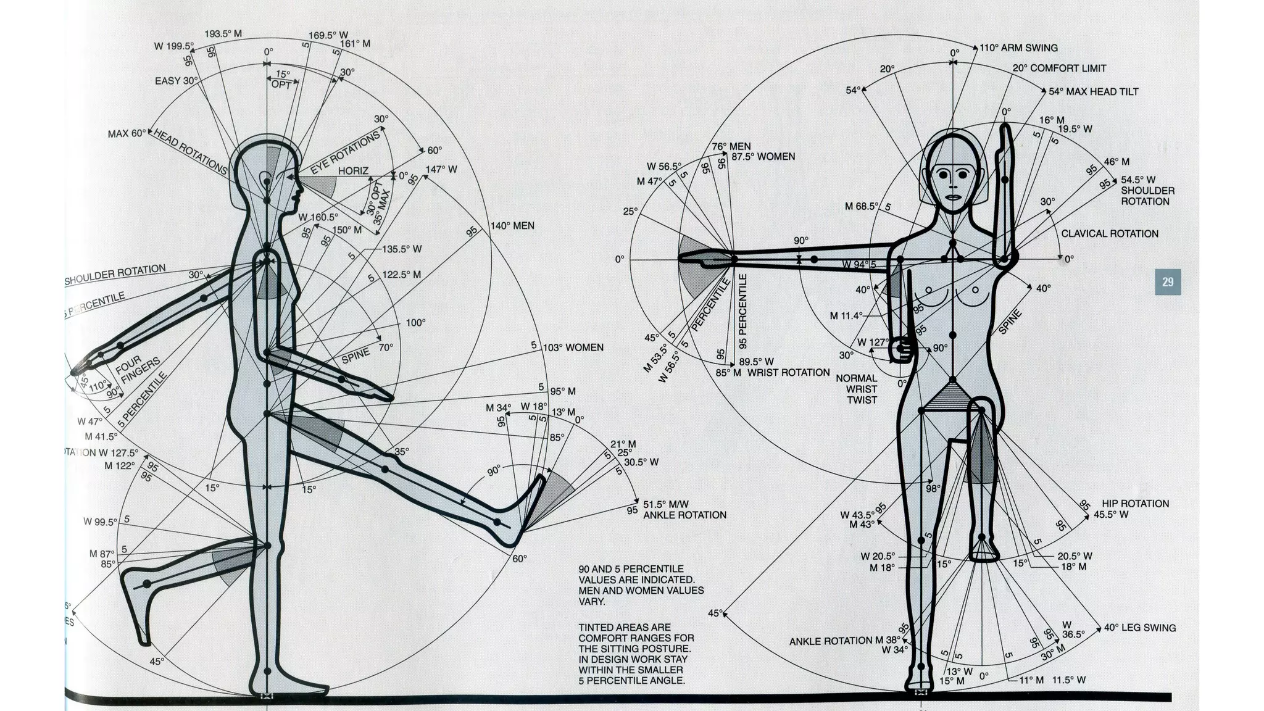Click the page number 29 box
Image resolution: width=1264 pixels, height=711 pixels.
(1167, 282)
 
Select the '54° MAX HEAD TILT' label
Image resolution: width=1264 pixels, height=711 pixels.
(1093, 91)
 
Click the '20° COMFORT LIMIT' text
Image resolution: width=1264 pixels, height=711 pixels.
(1059, 69)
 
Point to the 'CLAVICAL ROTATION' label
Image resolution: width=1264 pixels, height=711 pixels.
(1109, 233)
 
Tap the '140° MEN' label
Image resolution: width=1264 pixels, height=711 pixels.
(512, 226)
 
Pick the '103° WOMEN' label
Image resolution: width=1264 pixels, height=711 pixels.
(573, 347)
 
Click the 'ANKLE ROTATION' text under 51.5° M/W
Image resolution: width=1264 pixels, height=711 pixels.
(684, 515)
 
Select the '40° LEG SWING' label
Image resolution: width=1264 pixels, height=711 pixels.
(1139, 628)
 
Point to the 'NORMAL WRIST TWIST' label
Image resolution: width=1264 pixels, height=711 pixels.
(861, 389)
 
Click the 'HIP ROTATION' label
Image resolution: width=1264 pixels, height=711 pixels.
(1135, 504)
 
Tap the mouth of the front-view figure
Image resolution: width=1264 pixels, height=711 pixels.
(954, 197)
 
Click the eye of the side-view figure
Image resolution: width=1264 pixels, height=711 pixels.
(267, 181)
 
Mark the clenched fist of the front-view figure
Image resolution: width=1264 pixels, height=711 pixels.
(901, 350)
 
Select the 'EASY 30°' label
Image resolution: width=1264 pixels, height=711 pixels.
(176, 81)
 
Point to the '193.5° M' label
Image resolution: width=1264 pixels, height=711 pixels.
(222, 34)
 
